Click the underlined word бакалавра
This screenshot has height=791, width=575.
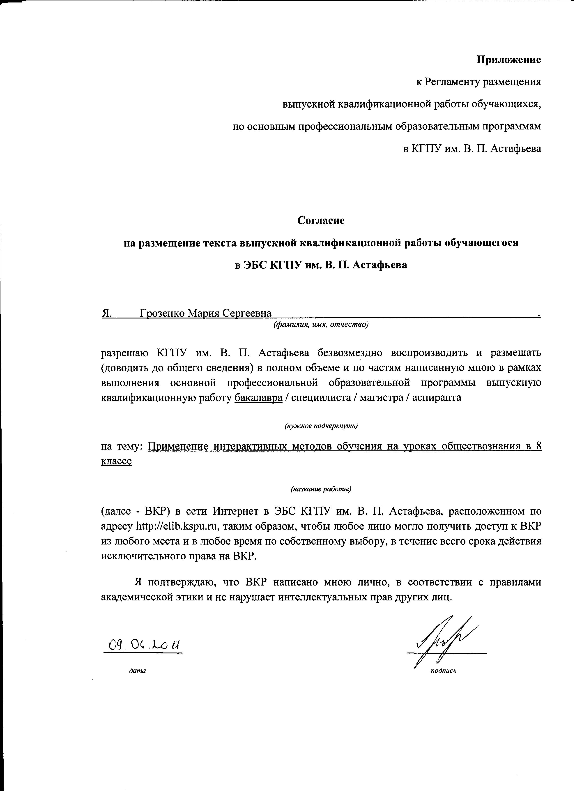click(258, 398)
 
